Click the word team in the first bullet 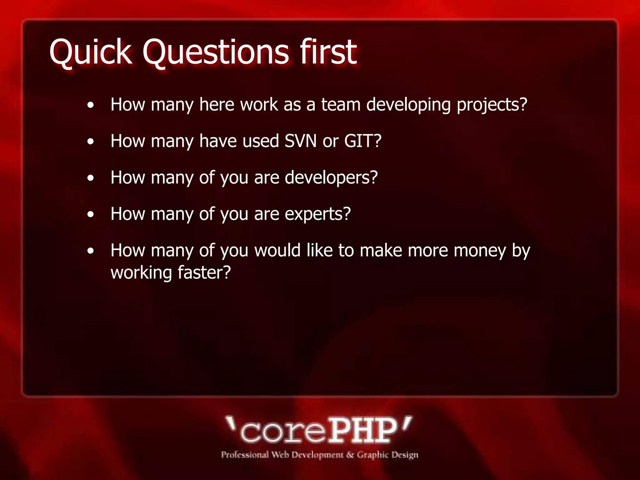(341, 104)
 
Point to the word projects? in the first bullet (492, 105)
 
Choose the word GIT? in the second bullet (362, 141)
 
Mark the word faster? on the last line (204, 272)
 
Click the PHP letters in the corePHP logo (362, 431)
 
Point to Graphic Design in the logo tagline (387, 455)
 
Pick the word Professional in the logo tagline (245, 455)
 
